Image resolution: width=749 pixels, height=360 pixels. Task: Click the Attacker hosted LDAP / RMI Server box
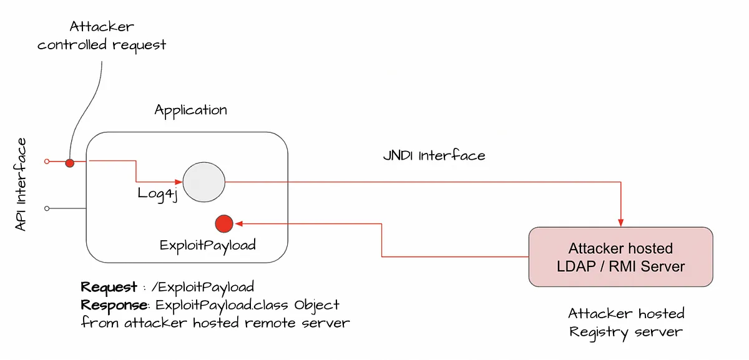point(620,257)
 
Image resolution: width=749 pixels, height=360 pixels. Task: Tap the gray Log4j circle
point(203,182)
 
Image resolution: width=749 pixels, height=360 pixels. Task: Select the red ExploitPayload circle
point(223,223)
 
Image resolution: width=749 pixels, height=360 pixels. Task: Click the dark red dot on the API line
point(70,163)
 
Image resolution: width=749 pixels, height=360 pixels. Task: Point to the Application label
point(191,110)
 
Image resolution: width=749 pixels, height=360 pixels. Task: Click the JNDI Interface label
point(434,155)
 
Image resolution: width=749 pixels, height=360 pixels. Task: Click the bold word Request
point(109,288)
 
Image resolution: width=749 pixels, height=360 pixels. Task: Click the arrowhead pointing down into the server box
point(620,222)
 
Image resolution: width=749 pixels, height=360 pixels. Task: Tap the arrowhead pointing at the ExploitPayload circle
point(238,223)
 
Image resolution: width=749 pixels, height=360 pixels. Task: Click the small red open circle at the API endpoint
point(47,162)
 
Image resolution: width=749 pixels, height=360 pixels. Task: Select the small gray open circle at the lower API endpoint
point(47,208)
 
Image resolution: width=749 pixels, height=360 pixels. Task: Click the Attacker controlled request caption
point(102,36)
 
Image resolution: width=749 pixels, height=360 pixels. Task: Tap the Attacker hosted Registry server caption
point(626,322)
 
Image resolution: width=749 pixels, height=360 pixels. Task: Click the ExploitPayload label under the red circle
point(208,245)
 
